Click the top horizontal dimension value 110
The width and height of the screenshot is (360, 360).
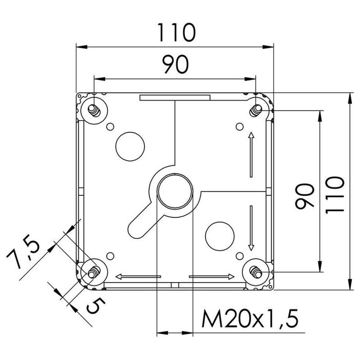click(176, 32)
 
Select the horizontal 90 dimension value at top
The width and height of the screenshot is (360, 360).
click(175, 66)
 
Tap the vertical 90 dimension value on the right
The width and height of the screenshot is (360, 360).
click(305, 196)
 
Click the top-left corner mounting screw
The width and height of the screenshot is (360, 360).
click(94, 109)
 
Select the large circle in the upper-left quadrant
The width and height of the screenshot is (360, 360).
click(130, 146)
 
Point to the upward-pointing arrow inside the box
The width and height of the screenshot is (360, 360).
click(251, 154)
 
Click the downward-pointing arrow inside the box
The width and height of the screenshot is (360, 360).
click(251, 227)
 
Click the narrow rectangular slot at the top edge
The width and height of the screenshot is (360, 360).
click(175, 97)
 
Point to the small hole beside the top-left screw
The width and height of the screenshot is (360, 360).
click(110, 126)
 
